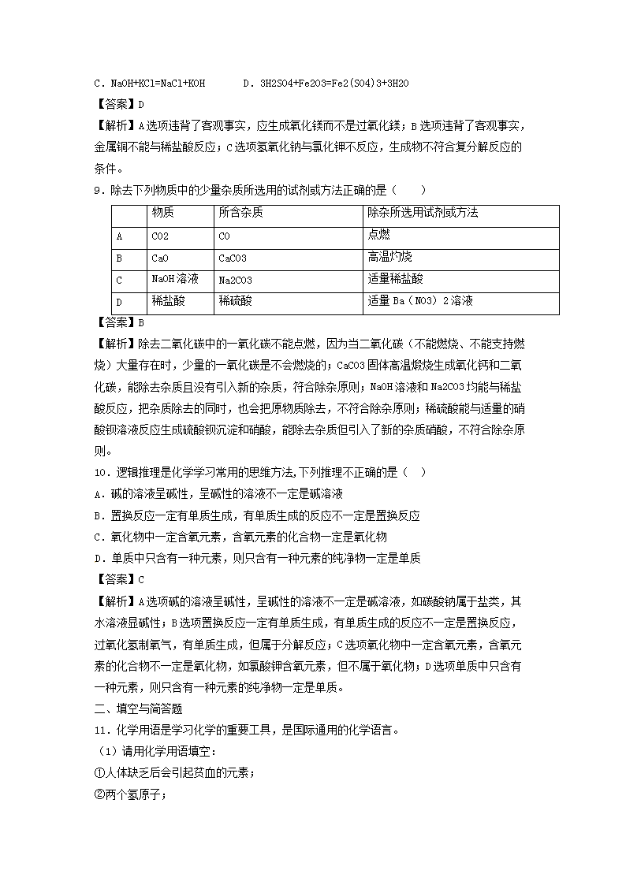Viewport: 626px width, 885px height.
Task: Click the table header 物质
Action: click(x=163, y=213)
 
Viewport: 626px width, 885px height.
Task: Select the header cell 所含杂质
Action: click(x=241, y=213)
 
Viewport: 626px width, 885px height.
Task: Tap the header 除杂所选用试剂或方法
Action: click(x=423, y=213)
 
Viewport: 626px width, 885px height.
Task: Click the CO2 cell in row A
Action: click(x=160, y=236)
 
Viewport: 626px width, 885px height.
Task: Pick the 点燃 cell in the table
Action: click(x=378, y=235)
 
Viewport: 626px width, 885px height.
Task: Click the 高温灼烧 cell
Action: click(x=389, y=257)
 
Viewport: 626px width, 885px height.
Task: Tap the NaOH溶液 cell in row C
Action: click(x=174, y=279)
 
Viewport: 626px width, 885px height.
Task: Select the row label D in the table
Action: click(x=119, y=302)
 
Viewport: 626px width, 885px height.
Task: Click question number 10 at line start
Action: click(x=99, y=471)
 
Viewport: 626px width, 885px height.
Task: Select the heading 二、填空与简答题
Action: click(x=138, y=708)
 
